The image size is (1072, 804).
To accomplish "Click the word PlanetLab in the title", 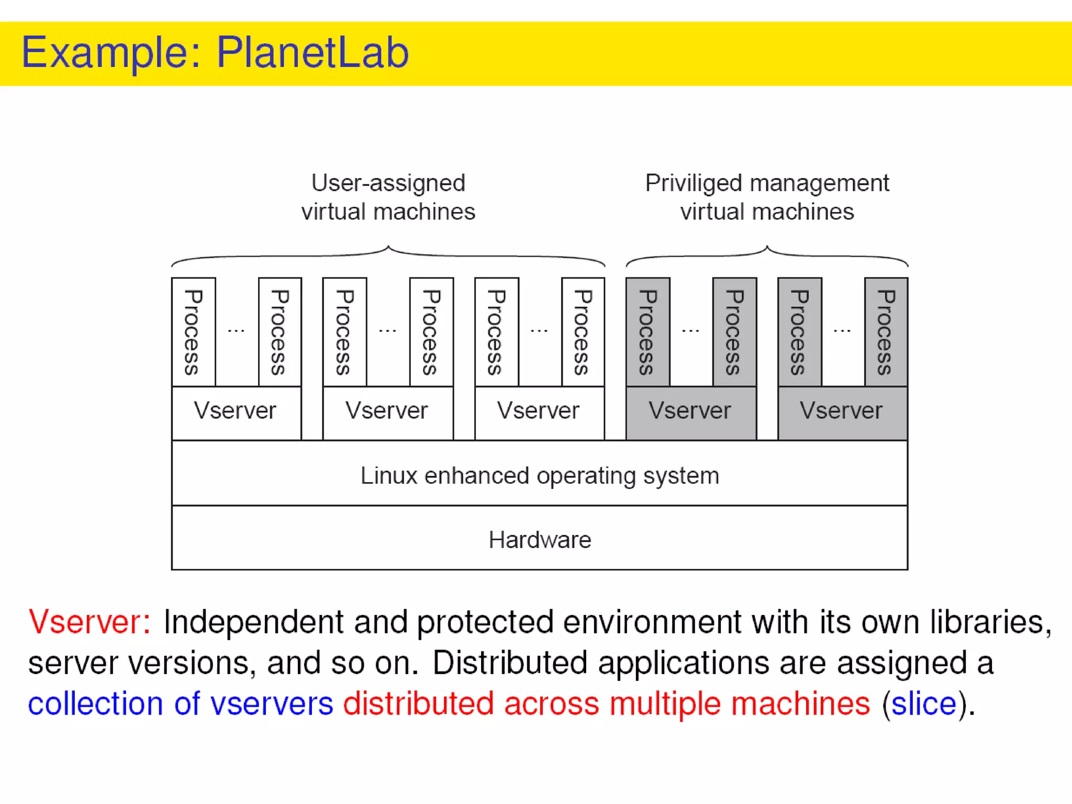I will [x=312, y=53].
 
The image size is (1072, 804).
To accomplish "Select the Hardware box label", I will [x=540, y=540].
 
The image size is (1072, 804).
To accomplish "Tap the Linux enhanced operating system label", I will [x=540, y=475].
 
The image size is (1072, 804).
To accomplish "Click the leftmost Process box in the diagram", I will [x=193, y=332].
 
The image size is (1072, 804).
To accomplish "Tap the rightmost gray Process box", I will [x=886, y=332].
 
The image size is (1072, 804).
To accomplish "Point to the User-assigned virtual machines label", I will [x=388, y=197].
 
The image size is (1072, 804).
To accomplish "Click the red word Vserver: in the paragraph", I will [x=89, y=622].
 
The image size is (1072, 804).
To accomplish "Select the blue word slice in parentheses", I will [x=924, y=703].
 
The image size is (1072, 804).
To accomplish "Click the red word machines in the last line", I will [x=800, y=703].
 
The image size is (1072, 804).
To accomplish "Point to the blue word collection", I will [x=95, y=703].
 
